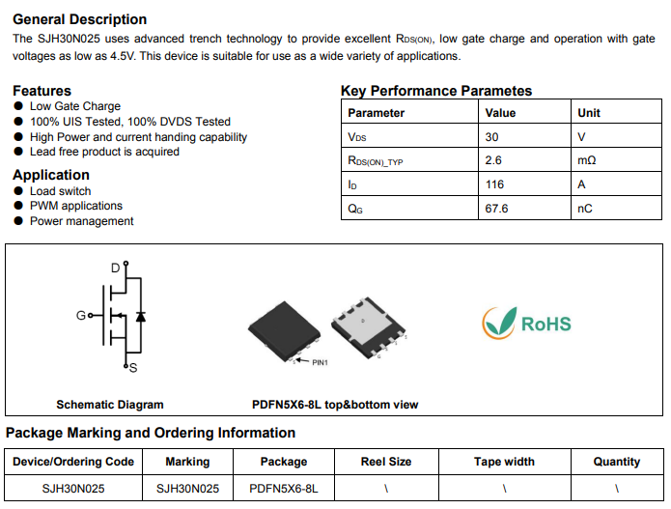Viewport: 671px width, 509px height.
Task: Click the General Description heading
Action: pos(80,19)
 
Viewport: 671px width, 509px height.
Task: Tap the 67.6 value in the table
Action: pos(497,208)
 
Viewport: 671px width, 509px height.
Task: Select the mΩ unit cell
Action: pos(587,160)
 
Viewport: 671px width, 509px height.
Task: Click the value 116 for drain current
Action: pos(494,184)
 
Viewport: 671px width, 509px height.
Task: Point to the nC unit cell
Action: pos(584,208)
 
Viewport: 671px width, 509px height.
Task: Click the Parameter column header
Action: pos(376,113)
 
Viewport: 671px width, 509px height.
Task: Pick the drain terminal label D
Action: pos(115,268)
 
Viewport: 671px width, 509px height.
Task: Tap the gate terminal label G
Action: pos(81,316)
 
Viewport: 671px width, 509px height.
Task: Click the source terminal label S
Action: pos(132,368)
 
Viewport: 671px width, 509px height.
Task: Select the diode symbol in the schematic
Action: pos(141,316)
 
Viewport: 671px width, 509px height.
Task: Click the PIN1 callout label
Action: pos(320,363)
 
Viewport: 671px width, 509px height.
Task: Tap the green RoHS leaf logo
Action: pos(499,324)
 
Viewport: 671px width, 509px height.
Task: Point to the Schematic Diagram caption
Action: pos(110,405)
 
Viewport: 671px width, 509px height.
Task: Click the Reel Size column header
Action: pos(386,462)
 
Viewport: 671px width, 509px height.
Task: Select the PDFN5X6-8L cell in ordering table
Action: pos(284,489)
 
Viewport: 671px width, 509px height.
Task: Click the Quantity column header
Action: pos(616,462)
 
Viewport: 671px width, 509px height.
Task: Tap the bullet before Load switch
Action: pos(18,191)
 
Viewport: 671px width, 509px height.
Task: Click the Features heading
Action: pos(42,91)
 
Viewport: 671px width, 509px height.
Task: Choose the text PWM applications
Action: pos(76,206)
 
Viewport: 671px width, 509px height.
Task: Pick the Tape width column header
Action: pos(504,462)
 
